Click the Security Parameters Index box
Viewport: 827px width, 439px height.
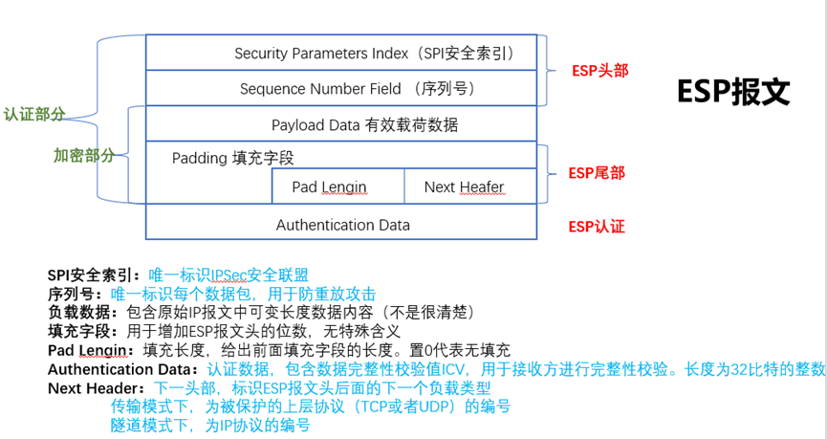(341, 54)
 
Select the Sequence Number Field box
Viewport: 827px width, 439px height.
(341, 89)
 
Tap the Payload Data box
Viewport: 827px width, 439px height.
(341, 124)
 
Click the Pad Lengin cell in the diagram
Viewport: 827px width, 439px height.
(329, 187)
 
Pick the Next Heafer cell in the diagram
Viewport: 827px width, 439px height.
(464, 187)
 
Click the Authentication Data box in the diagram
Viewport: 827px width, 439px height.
(341, 225)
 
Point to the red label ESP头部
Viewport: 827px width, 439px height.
(599, 71)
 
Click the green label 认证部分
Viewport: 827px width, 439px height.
(34, 114)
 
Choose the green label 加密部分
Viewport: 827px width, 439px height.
(84, 155)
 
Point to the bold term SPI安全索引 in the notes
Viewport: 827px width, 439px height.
(93, 275)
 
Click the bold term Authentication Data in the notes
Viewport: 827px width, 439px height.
(121, 369)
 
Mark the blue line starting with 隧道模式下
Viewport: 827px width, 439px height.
(210, 425)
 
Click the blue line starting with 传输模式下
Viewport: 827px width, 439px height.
(310, 406)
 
